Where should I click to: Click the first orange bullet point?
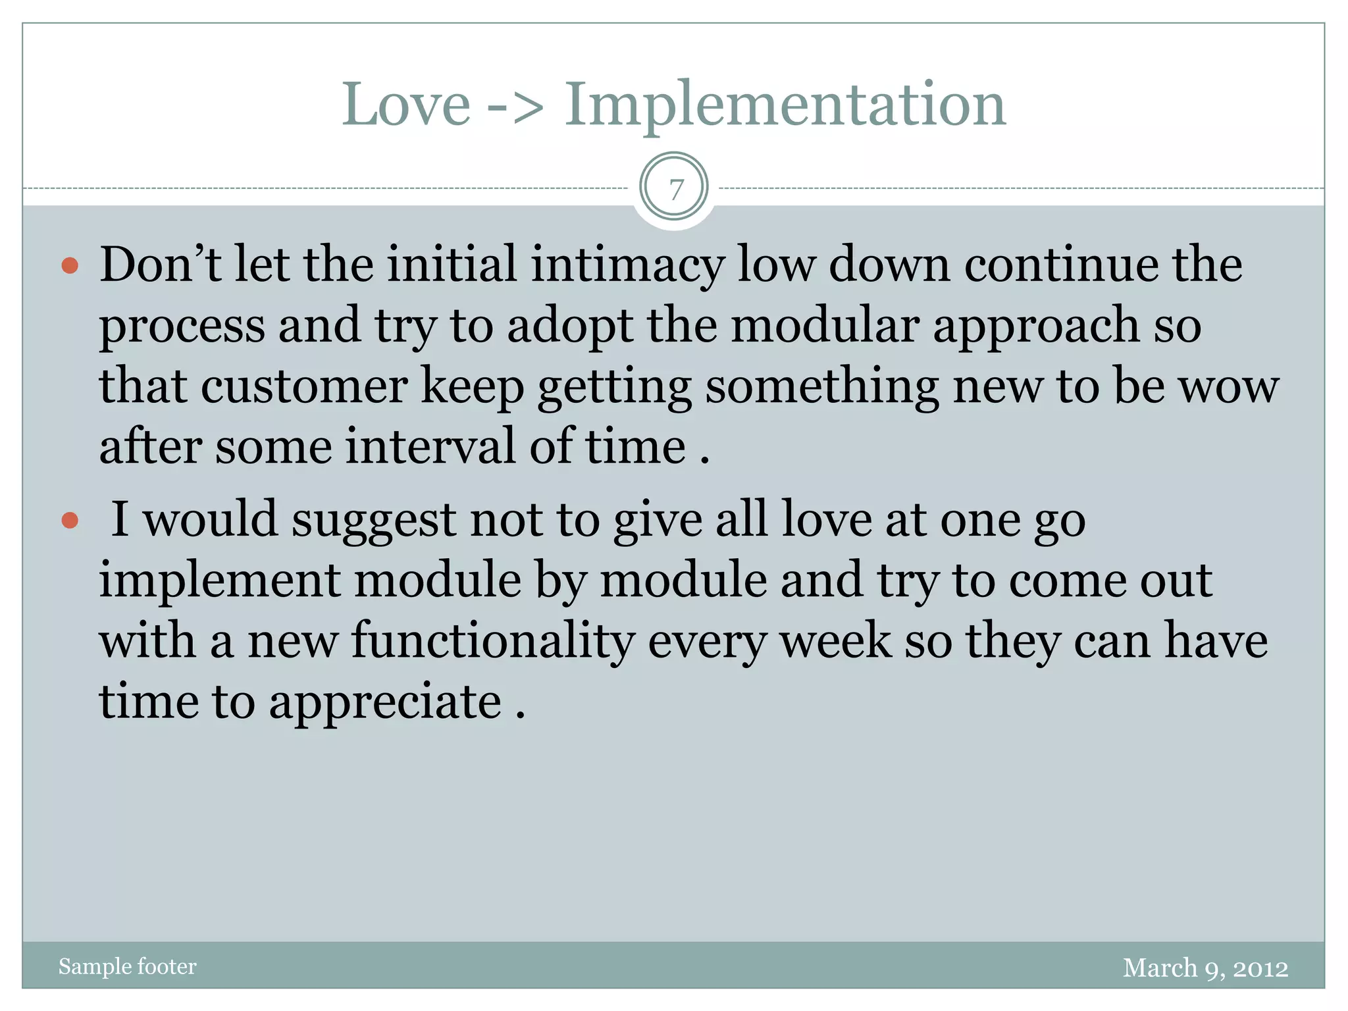pyautogui.click(x=70, y=266)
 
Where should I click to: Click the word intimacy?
pyautogui.click(x=627, y=265)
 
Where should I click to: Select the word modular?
pyautogui.click(x=825, y=325)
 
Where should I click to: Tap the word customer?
pyautogui.click(x=304, y=386)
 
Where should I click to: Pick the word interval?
pyautogui.click(x=430, y=447)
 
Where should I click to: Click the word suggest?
pyautogui.click(x=373, y=521)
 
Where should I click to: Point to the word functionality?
pyautogui.click(x=493, y=641)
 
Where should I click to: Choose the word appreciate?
pyautogui.click(x=385, y=702)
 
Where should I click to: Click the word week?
pyautogui.click(x=835, y=641)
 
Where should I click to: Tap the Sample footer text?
pyautogui.click(x=127, y=966)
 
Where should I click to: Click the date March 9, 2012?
pyautogui.click(x=1205, y=968)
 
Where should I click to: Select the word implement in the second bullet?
pyautogui.click(x=220, y=581)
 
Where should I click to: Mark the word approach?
pyautogui.click(x=1036, y=325)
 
